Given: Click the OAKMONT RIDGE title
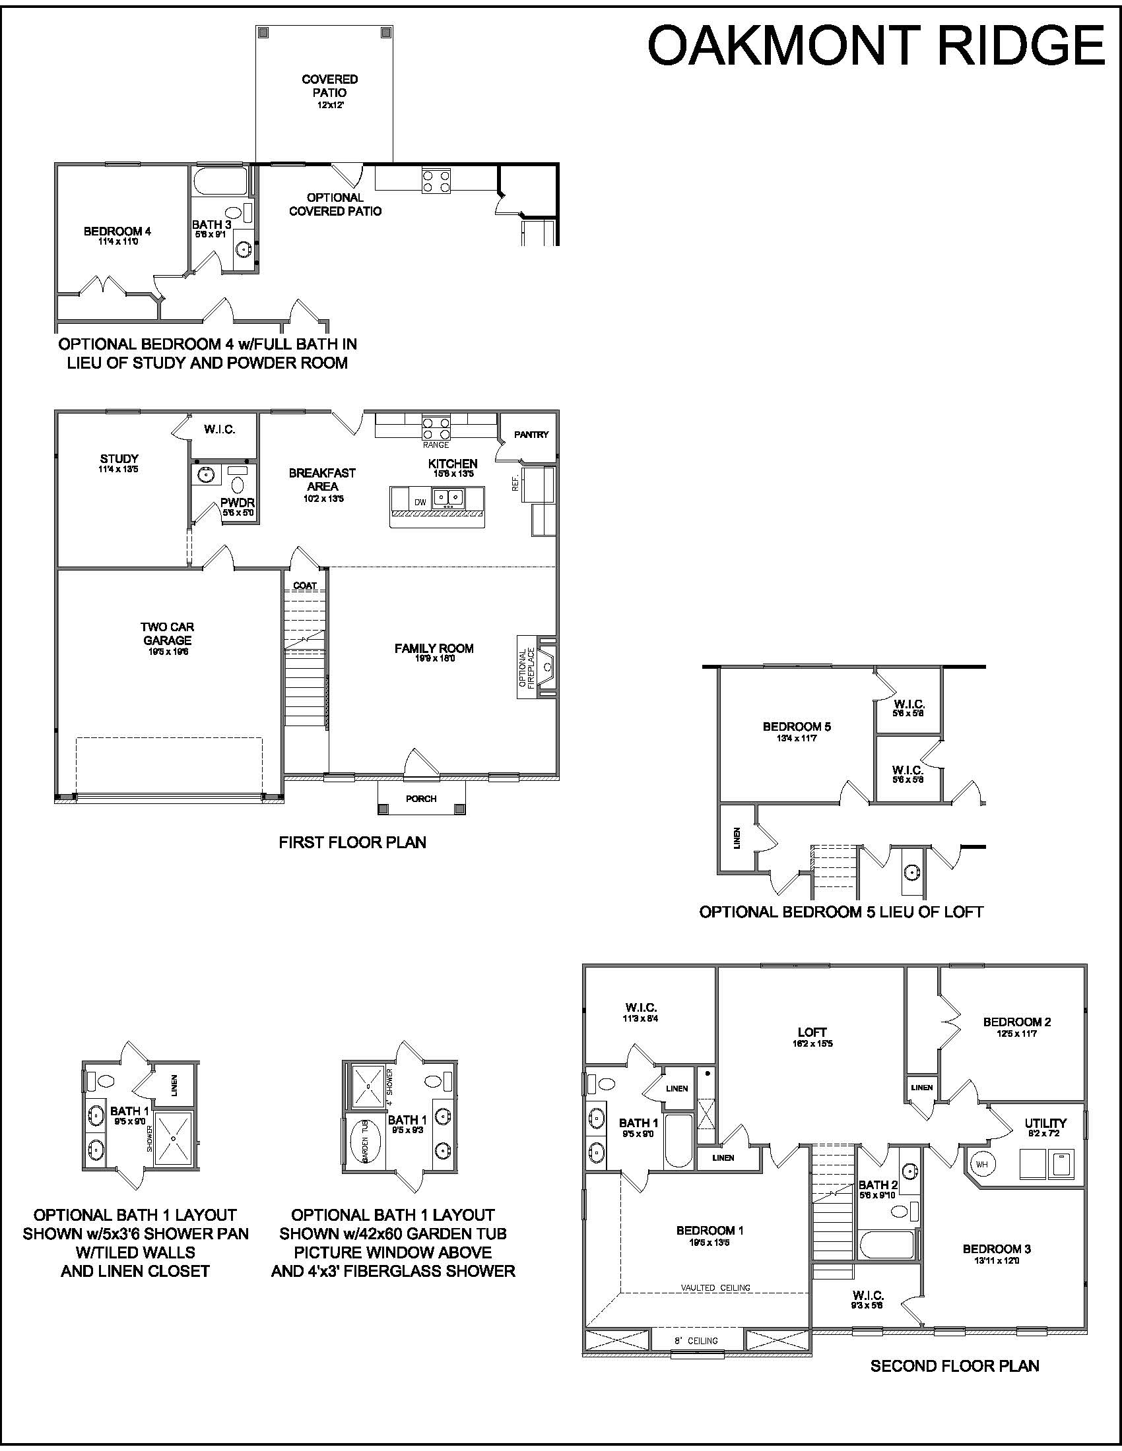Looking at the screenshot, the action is tap(876, 46).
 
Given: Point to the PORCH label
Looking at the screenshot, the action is tap(422, 799).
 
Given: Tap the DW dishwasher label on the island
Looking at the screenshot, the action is tap(420, 503).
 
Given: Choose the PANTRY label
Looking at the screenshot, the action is tap(532, 435).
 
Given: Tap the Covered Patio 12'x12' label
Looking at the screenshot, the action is tap(330, 92).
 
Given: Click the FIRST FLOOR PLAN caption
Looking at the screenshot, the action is tap(352, 842).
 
